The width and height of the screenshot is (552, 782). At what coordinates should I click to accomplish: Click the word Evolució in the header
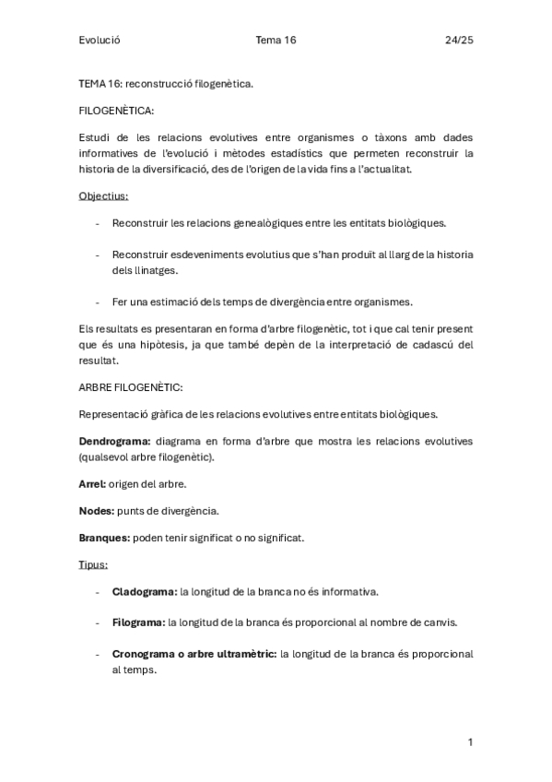[x=100, y=40]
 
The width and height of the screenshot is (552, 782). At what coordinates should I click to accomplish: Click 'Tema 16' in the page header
[x=276, y=40]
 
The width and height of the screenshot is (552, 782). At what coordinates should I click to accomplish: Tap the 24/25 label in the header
[x=458, y=40]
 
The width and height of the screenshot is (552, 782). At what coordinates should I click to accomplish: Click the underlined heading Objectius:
[x=103, y=195]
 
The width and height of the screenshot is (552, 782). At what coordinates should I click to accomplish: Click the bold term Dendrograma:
[x=116, y=441]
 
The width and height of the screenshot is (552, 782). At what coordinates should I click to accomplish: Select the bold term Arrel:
[x=92, y=483]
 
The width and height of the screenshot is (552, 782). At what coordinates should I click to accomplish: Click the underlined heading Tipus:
[x=94, y=564]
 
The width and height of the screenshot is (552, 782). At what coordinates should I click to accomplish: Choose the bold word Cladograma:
[x=144, y=591]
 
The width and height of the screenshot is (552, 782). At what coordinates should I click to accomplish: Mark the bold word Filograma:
[x=138, y=622]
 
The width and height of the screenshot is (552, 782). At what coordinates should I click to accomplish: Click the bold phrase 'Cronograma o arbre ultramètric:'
[x=194, y=654]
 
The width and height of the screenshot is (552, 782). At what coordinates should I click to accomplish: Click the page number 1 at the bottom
[x=470, y=742]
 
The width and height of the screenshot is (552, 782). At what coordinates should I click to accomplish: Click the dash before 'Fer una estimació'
[x=98, y=302]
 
